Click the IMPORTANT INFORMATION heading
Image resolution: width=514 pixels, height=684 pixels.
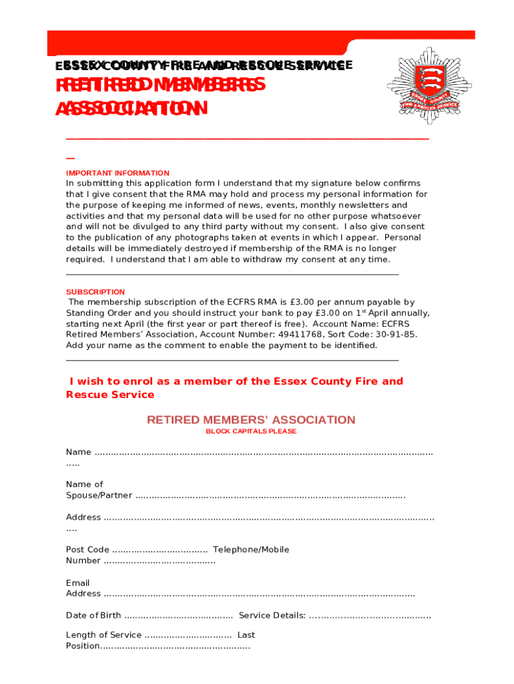click(117, 173)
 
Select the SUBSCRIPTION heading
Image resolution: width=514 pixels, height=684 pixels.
click(95, 292)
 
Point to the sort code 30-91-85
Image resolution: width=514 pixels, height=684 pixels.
click(397, 335)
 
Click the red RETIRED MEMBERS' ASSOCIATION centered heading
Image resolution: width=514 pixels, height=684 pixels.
click(251, 420)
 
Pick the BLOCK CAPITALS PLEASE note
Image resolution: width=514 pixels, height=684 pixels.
click(251, 432)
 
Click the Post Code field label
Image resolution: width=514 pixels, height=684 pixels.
click(87, 550)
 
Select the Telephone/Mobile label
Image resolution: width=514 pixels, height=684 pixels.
click(251, 550)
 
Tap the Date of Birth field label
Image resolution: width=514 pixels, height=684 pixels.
click(93, 615)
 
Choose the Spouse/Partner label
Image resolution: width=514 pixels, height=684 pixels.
click(99, 496)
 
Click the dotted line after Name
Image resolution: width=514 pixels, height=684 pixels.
click(264, 453)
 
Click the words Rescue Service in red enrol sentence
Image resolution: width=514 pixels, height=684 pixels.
click(110, 395)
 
